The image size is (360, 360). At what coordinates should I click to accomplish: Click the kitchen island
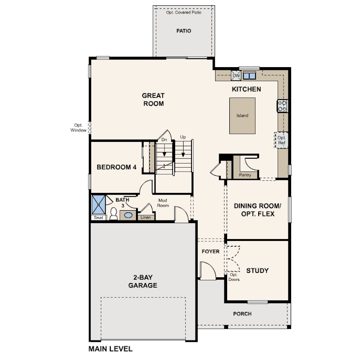coord(243,116)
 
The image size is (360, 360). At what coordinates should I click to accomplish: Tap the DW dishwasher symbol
coord(236,76)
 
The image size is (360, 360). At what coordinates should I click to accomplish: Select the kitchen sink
coord(249,76)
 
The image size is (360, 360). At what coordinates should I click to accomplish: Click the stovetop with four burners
coord(282,106)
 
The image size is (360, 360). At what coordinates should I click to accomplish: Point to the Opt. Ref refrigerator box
coord(281,140)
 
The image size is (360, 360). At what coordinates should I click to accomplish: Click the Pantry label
coord(245,175)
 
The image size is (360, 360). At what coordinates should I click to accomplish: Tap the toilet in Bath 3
coord(113,214)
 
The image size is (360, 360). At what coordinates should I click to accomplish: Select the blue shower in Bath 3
coord(99,205)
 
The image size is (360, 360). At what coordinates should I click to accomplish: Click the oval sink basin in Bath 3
coord(128,216)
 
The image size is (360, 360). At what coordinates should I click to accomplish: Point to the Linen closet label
coord(146,217)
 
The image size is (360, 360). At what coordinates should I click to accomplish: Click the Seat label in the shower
coord(99,217)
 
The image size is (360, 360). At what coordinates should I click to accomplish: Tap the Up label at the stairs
coord(183,137)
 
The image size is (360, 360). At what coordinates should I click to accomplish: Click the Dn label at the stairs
coord(164,140)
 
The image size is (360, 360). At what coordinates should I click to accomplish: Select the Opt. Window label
coord(78,128)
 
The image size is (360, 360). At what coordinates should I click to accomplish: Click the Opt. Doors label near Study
coord(234,277)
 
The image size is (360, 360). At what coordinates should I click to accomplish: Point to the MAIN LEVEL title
coord(110,349)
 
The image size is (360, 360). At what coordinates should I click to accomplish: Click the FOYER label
coord(211,252)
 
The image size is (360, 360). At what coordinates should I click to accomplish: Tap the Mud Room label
coord(163,203)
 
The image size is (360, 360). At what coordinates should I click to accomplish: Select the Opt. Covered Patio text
coord(184,12)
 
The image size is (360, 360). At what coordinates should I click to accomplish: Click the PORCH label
coord(242,314)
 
